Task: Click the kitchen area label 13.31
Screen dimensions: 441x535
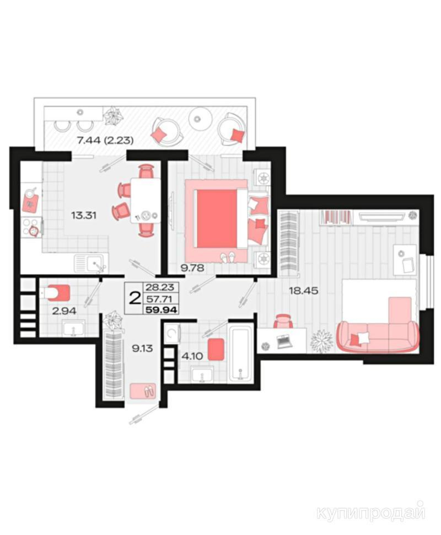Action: coord(84,215)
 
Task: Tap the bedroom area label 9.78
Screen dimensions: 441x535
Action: coord(192,268)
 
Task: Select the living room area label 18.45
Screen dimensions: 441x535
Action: coord(304,291)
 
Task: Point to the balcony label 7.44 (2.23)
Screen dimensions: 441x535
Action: coord(105,140)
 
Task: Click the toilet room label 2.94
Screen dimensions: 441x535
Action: coord(64,311)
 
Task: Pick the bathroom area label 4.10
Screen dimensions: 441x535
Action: coord(192,356)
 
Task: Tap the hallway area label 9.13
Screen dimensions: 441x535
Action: coord(142,349)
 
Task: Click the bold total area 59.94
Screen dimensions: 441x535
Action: coord(162,310)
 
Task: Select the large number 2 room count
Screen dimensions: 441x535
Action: coord(136,298)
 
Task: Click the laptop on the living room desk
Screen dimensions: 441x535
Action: coord(284,341)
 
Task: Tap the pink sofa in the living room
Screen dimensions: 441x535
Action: coord(378,336)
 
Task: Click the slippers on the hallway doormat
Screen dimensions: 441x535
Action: coord(149,392)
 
